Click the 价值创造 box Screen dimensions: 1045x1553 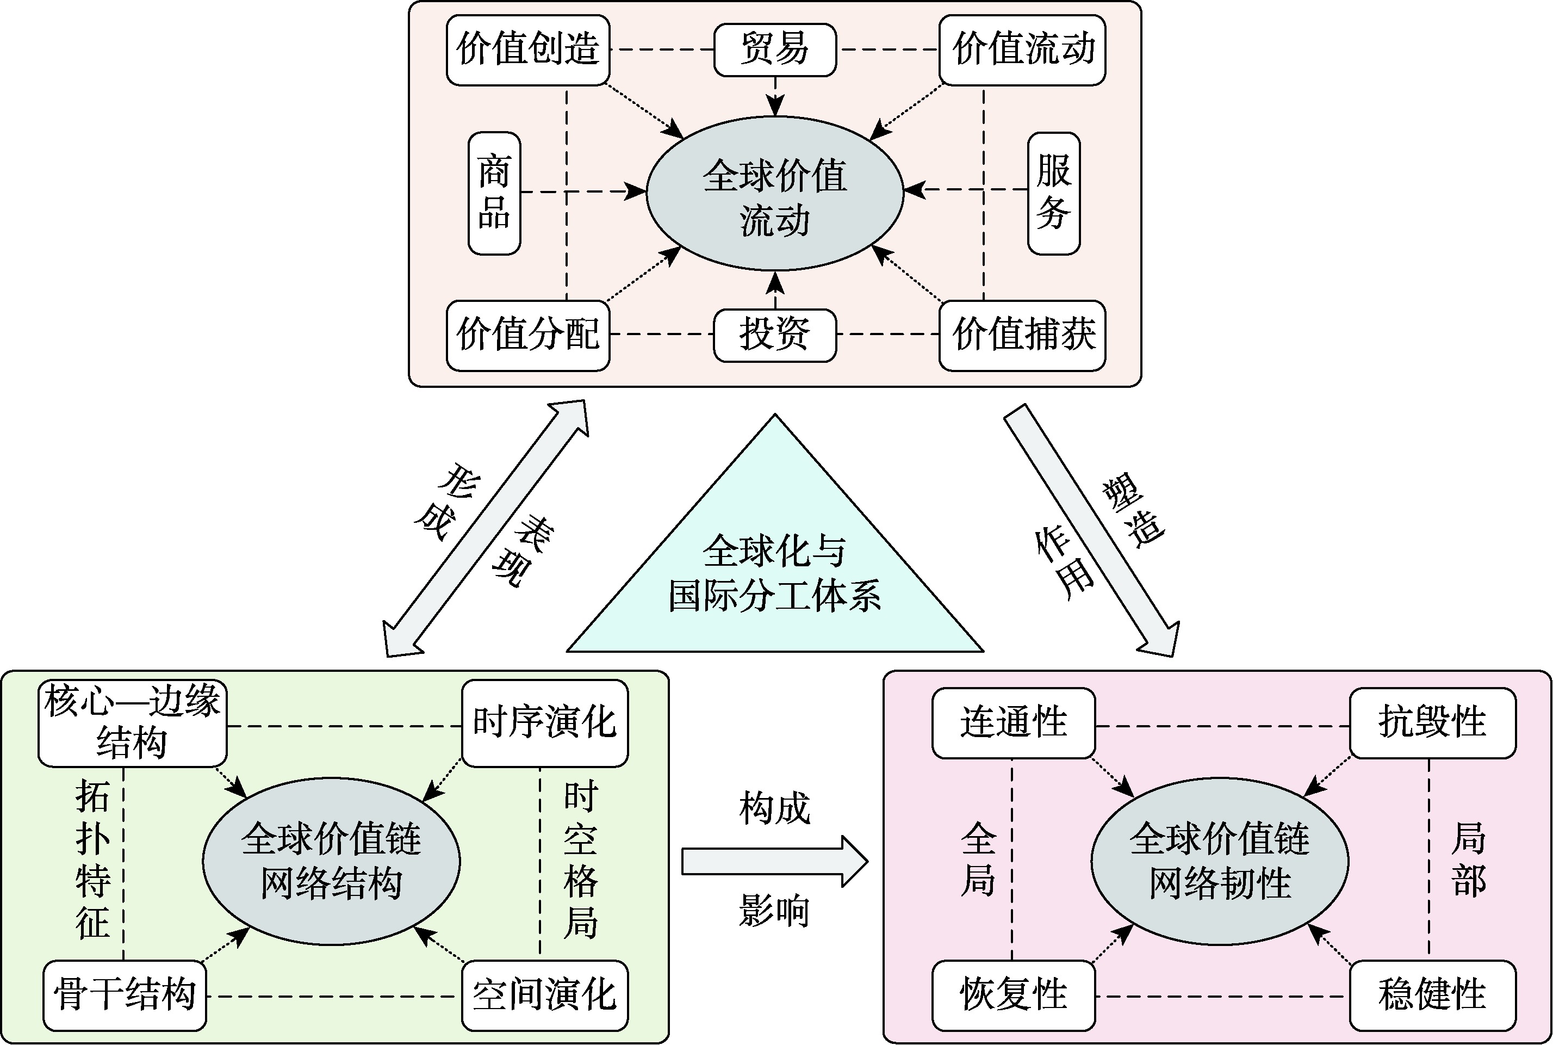coord(527,50)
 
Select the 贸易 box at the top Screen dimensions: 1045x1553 coord(774,50)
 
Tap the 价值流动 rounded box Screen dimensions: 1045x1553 coord(1022,50)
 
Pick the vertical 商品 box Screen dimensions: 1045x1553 coord(494,193)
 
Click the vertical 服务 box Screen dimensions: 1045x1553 coord(1053,193)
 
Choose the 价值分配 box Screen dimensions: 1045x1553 coord(527,335)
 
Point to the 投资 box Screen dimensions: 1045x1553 coord(774,335)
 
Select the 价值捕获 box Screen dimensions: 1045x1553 coord(1022,335)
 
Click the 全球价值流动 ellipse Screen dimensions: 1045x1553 coord(774,196)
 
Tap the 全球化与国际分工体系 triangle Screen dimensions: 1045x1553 coord(774,573)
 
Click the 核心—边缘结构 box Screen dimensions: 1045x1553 coord(132,723)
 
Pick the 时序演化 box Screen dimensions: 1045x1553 coord(544,723)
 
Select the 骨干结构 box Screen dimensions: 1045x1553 coord(125,995)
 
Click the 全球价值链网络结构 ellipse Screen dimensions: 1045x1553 coord(331,861)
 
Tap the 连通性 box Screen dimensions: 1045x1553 coord(1012,723)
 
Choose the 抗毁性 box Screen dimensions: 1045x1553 coord(1432,723)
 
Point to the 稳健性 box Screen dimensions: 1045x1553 coord(1432,995)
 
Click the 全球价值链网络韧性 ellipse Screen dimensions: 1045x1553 coord(1219,861)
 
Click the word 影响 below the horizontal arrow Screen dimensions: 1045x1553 coord(774,911)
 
